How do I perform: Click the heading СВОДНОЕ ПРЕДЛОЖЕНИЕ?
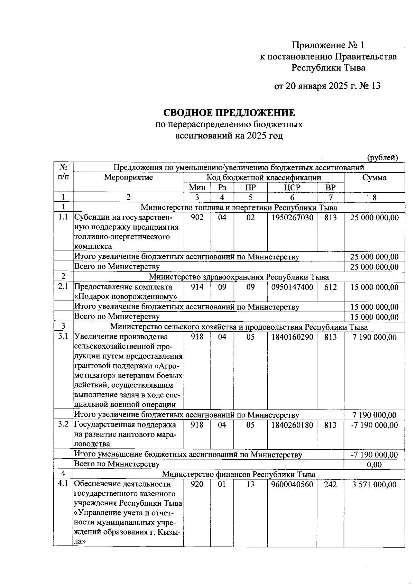[x=229, y=113]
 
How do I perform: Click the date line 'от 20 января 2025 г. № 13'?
[x=327, y=86]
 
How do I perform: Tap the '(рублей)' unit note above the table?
[x=382, y=158]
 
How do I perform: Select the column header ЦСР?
[x=292, y=187]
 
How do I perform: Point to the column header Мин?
[x=197, y=187]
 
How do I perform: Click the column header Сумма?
[x=374, y=178]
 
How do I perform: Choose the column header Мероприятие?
[x=128, y=177]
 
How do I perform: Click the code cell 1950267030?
[x=292, y=218]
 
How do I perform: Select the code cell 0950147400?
[x=292, y=287]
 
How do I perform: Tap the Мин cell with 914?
[x=197, y=287]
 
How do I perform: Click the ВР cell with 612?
[x=330, y=287]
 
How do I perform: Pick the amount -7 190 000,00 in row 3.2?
[x=374, y=425]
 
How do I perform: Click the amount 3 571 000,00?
[x=374, y=485]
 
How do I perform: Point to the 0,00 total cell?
[x=374, y=465]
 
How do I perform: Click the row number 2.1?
[x=63, y=287]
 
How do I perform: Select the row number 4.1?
[x=63, y=484]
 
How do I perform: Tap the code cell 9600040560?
[x=292, y=485]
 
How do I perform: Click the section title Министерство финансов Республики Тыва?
[x=239, y=474]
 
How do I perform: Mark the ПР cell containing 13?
[x=250, y=485]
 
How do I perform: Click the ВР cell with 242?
[x=330, y=485]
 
